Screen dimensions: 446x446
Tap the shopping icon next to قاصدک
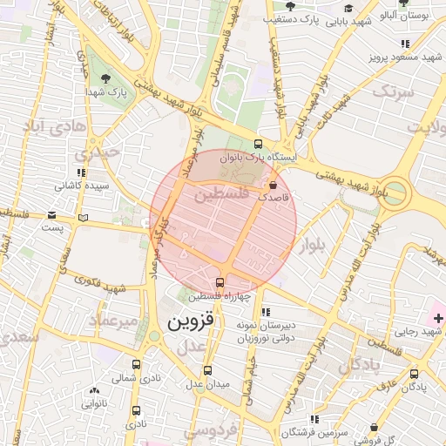[x=274, y=186]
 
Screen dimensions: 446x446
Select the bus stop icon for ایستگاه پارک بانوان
[x=257, y=144]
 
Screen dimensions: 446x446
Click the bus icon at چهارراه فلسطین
[x=219, y=281]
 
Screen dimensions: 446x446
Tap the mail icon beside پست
[x=83, y=217]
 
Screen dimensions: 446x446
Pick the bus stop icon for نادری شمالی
[x=136, y=364]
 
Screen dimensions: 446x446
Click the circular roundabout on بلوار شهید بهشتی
[x=395, y=193]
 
